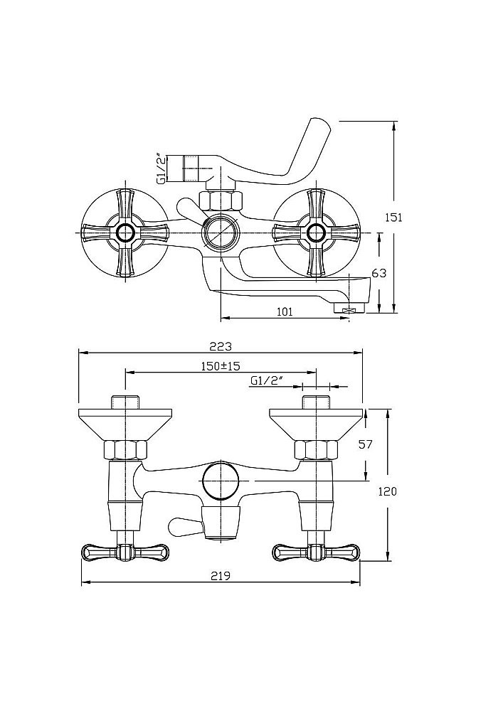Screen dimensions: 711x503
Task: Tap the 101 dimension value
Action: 285,310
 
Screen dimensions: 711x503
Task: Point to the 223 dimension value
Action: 220,346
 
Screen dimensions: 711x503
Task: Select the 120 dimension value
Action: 388,491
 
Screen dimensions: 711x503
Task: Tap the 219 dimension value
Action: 220,577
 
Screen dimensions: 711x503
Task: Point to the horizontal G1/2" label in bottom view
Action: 267,381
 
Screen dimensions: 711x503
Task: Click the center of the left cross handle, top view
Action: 126,232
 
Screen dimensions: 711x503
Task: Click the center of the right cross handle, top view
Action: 314,232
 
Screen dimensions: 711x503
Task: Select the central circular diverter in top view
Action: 218,232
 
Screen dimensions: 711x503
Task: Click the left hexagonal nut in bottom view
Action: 125,450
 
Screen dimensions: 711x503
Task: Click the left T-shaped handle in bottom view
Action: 126,551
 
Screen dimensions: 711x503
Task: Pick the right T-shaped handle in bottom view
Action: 315,551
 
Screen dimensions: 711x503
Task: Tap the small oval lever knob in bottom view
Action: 181,526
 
